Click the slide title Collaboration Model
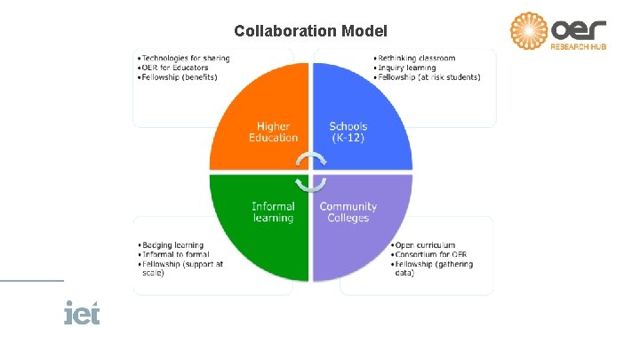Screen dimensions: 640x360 tap(310, 31)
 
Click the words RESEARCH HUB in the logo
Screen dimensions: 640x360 tap(579, 46)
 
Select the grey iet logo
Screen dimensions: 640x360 tap(82, 314)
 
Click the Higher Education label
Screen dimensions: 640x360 tap(274, 132)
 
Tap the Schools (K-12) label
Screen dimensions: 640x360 tap(348, 132)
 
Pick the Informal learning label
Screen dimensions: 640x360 tap(273, 212)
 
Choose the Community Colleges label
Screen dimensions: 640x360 tap(348, 212)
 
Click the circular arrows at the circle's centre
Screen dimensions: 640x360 tap(311, 172)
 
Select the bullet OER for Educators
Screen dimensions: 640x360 tap(176, 68)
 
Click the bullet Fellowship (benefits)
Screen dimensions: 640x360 tap(180, 76)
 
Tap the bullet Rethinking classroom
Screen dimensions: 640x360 tap(416, 59)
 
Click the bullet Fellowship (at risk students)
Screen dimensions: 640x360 tap(428, 76)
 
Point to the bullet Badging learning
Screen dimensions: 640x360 tap(173, 245)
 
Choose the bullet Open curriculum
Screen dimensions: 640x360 tap(425, 245)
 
